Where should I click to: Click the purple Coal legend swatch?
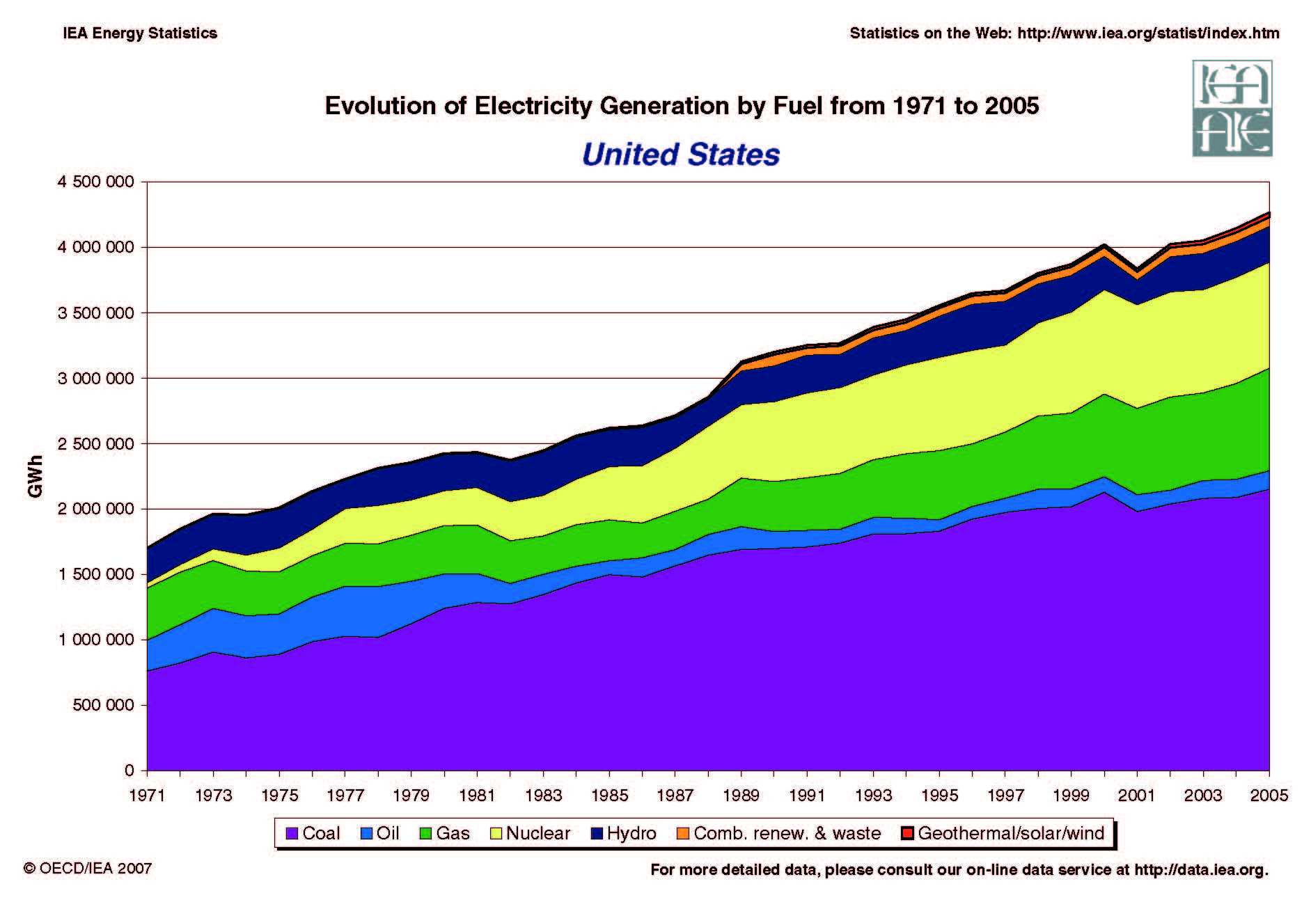tap(292, 833)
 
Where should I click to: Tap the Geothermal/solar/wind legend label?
tap(1010, 833)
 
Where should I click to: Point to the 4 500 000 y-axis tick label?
tap(95, 182)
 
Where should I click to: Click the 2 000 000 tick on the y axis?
tap(95, 509)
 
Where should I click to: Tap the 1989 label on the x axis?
tap(741, 795)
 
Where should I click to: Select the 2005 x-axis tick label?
tap(1269, 795)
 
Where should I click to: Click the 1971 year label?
tap(147, 795)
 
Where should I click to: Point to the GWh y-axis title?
tap(36, 477)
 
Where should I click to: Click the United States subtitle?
tap(680, 155)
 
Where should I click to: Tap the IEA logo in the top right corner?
tap(1232, 108)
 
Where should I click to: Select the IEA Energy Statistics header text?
tap(140, 33)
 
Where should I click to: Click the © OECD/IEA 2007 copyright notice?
tap(88, 869)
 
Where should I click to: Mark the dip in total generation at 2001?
tap(1137, 269)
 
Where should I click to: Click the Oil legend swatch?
tap(367, 833)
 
